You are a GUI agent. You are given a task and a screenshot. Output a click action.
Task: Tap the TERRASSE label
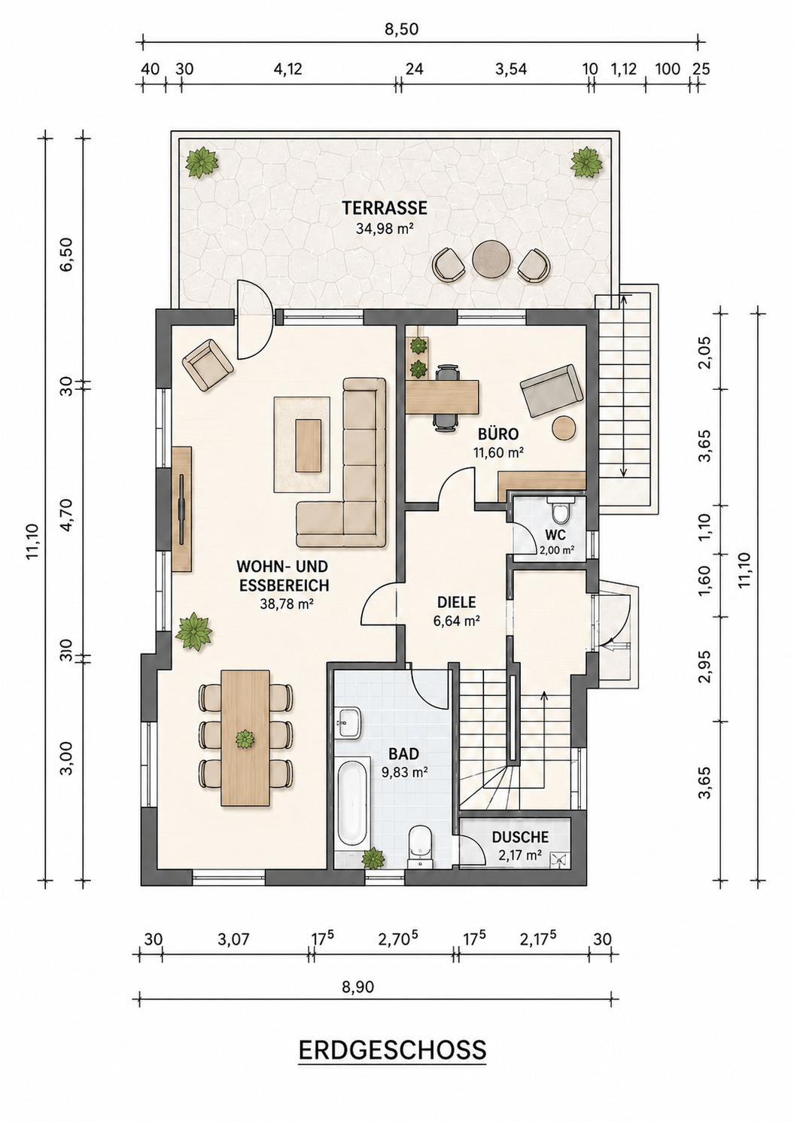[x=385, y=208]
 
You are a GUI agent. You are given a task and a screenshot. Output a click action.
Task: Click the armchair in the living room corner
[x=208, y=364]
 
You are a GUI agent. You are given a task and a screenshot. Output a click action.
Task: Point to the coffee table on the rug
[x=309, y=445]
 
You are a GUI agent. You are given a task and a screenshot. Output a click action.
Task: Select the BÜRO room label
[x=498, y=433]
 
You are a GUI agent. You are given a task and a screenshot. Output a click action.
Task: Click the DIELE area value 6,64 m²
[x=457, y=621]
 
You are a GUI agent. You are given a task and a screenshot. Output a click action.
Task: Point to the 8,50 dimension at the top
[x=402, y=29]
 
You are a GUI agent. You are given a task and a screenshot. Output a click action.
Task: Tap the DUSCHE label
[x=520, y=837]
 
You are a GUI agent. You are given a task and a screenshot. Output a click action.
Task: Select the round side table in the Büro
[x=565, y=429]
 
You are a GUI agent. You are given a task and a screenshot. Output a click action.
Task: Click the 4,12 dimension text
[x=287, y=68]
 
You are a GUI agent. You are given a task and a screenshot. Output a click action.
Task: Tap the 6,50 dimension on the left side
[x=65, y=254]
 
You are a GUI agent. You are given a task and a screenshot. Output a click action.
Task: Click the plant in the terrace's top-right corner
[x=586, y=162]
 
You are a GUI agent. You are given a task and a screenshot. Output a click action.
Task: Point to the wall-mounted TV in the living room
[x=181, y=509]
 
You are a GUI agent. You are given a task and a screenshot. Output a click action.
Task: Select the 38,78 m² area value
[x=284, y=604]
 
